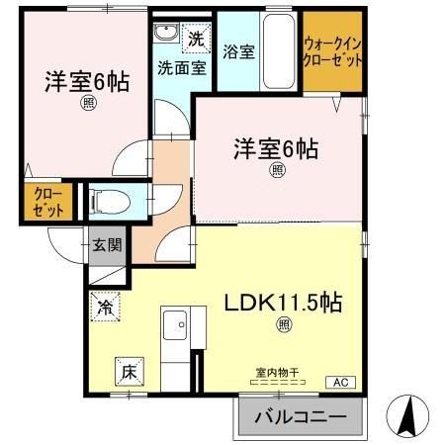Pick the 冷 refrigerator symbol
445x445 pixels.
coord(105,308)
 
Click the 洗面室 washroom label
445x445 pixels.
coord(182,67)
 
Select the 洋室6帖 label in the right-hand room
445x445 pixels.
coord(276,149)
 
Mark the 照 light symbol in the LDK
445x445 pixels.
coord(285,323)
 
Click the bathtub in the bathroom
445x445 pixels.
coord(282,44)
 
